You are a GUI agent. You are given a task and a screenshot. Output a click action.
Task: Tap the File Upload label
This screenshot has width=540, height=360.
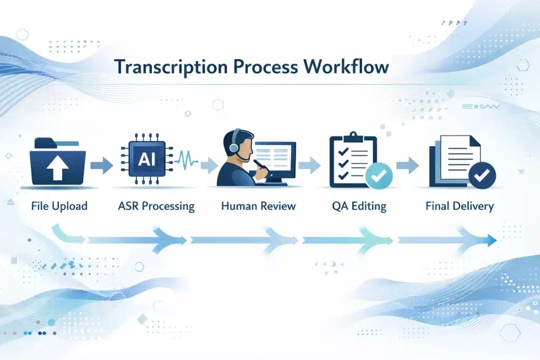60,206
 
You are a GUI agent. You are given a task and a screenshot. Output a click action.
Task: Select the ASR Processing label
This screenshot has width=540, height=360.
156,206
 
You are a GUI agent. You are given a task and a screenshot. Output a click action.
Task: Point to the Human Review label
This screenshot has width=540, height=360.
258,206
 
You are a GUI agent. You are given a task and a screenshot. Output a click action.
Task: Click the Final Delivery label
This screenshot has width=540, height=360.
459,206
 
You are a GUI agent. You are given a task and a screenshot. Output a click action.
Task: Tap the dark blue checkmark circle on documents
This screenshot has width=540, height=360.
480,176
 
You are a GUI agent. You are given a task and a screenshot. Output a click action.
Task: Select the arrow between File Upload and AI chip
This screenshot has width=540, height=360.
101,167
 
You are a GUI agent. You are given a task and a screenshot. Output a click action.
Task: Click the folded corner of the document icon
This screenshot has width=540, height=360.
474,141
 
